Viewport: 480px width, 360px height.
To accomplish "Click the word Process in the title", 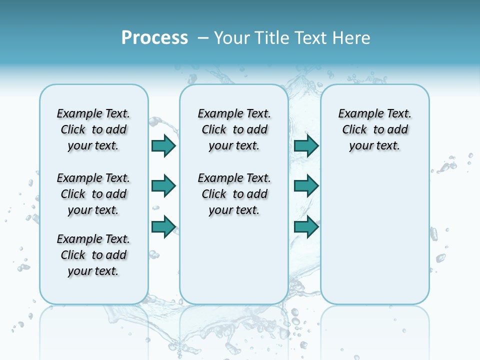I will point(154,38).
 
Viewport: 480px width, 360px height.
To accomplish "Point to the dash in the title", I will point(203,38).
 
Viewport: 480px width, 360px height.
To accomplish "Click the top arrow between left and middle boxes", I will point(163,145).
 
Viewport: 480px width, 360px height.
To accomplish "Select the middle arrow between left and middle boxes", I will point(163,186).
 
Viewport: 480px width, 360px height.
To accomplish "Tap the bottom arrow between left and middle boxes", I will point(163,226).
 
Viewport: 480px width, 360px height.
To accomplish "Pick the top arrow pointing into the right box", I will point(306,145).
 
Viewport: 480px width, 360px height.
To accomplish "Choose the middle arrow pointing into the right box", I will point(306,186).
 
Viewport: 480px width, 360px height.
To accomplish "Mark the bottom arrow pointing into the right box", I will point(306,226).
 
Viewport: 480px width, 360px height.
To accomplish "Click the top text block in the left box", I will point(93,129).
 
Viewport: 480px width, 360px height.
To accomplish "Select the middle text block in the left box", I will point(93,194).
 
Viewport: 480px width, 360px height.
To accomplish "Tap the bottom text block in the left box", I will point(93,255).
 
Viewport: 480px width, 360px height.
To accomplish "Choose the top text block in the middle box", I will point(234,129).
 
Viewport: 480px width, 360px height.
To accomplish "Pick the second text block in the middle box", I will point(234,194).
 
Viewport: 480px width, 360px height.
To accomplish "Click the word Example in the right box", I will point(357,113).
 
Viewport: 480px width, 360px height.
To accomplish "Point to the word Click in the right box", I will point(354,129).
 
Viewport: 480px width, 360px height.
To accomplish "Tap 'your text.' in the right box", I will point(374,145).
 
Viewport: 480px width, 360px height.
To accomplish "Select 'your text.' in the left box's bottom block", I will point(93,271).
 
